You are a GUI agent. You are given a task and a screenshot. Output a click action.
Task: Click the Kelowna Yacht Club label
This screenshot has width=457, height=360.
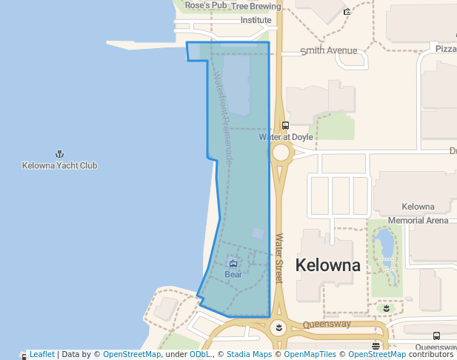point(59,165)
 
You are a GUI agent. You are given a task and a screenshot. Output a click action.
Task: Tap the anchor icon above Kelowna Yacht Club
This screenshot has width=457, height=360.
point(59,154)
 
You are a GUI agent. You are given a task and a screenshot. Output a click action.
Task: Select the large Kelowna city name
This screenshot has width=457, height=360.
point(328,265)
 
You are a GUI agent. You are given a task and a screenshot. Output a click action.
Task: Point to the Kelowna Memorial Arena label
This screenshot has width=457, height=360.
point(418,213)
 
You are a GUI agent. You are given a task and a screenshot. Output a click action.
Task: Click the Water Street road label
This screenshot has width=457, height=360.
point(279,259)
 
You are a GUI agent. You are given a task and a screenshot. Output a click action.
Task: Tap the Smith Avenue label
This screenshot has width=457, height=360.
point(329,51)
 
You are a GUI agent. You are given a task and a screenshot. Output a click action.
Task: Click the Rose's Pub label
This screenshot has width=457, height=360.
point(206,5)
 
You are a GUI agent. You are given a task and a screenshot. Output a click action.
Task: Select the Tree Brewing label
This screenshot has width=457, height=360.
point(256,6)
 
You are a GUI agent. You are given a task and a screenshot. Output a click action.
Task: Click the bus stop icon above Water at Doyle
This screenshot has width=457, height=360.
point(286,125)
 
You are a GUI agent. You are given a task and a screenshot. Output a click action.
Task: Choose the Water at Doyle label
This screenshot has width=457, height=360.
point(286,137)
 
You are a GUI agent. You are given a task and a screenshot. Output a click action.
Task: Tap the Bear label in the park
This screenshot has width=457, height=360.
point(233,274)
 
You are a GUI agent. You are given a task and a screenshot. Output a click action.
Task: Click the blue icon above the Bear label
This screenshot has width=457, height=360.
point(233,263)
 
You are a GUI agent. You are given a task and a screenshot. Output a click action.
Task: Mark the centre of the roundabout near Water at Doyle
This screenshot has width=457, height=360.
point(281,153)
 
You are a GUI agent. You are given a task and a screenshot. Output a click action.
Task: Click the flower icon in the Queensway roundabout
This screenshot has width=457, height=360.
point(278,327)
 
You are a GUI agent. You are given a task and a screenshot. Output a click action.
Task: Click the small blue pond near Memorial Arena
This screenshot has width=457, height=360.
point(385,242)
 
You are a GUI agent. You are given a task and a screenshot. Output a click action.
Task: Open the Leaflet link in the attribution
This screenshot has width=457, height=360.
point(41,354)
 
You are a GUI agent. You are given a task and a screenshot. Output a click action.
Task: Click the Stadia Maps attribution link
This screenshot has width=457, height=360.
point(249,354)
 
